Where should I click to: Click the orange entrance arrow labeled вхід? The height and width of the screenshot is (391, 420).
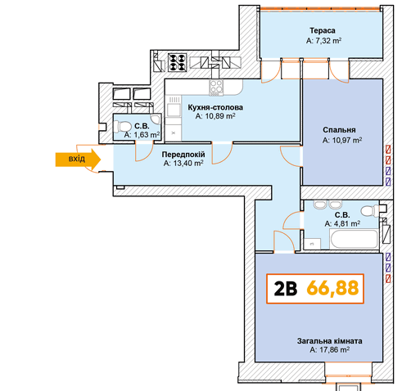click(x=78, y=160)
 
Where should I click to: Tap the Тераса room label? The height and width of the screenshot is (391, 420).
click(x=323, y=30)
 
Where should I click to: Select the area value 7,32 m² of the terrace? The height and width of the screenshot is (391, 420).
click(x=323, y=41)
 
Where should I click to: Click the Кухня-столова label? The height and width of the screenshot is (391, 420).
click(x=215, y=107)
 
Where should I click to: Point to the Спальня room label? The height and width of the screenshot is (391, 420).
click(x=339, y=130)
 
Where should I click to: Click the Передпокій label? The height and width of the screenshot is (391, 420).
click(x=183, y=155)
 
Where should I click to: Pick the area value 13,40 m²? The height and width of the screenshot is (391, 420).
click(x=183, y=164)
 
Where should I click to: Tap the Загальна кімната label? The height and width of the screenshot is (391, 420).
click(x=330, y=341)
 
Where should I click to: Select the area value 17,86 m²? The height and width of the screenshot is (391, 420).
click(x=330, y=349)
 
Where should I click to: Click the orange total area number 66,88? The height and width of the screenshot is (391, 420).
click(x=332, y=288)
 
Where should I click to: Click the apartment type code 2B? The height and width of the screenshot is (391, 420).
click(x=286, y=289)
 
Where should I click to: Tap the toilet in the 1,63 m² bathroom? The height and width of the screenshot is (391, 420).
click(x=122, y=127)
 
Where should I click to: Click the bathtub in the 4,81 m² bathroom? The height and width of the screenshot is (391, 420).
click(x=354, y=240)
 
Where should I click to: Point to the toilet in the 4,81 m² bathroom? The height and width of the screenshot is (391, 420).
click(x=370, y=211)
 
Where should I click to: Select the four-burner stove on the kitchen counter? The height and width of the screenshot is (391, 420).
click(x=216, y=88)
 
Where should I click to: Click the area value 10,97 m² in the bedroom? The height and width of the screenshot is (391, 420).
click(x=342, y=140)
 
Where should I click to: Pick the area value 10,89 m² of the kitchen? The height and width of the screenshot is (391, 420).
click(x=215, y=116)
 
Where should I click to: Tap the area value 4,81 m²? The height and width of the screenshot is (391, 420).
click(x=342, y=223)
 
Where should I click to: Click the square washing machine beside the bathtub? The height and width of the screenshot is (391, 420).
click(x=313, y=244)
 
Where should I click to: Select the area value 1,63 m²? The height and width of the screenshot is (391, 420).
click(x=142, y=135)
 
